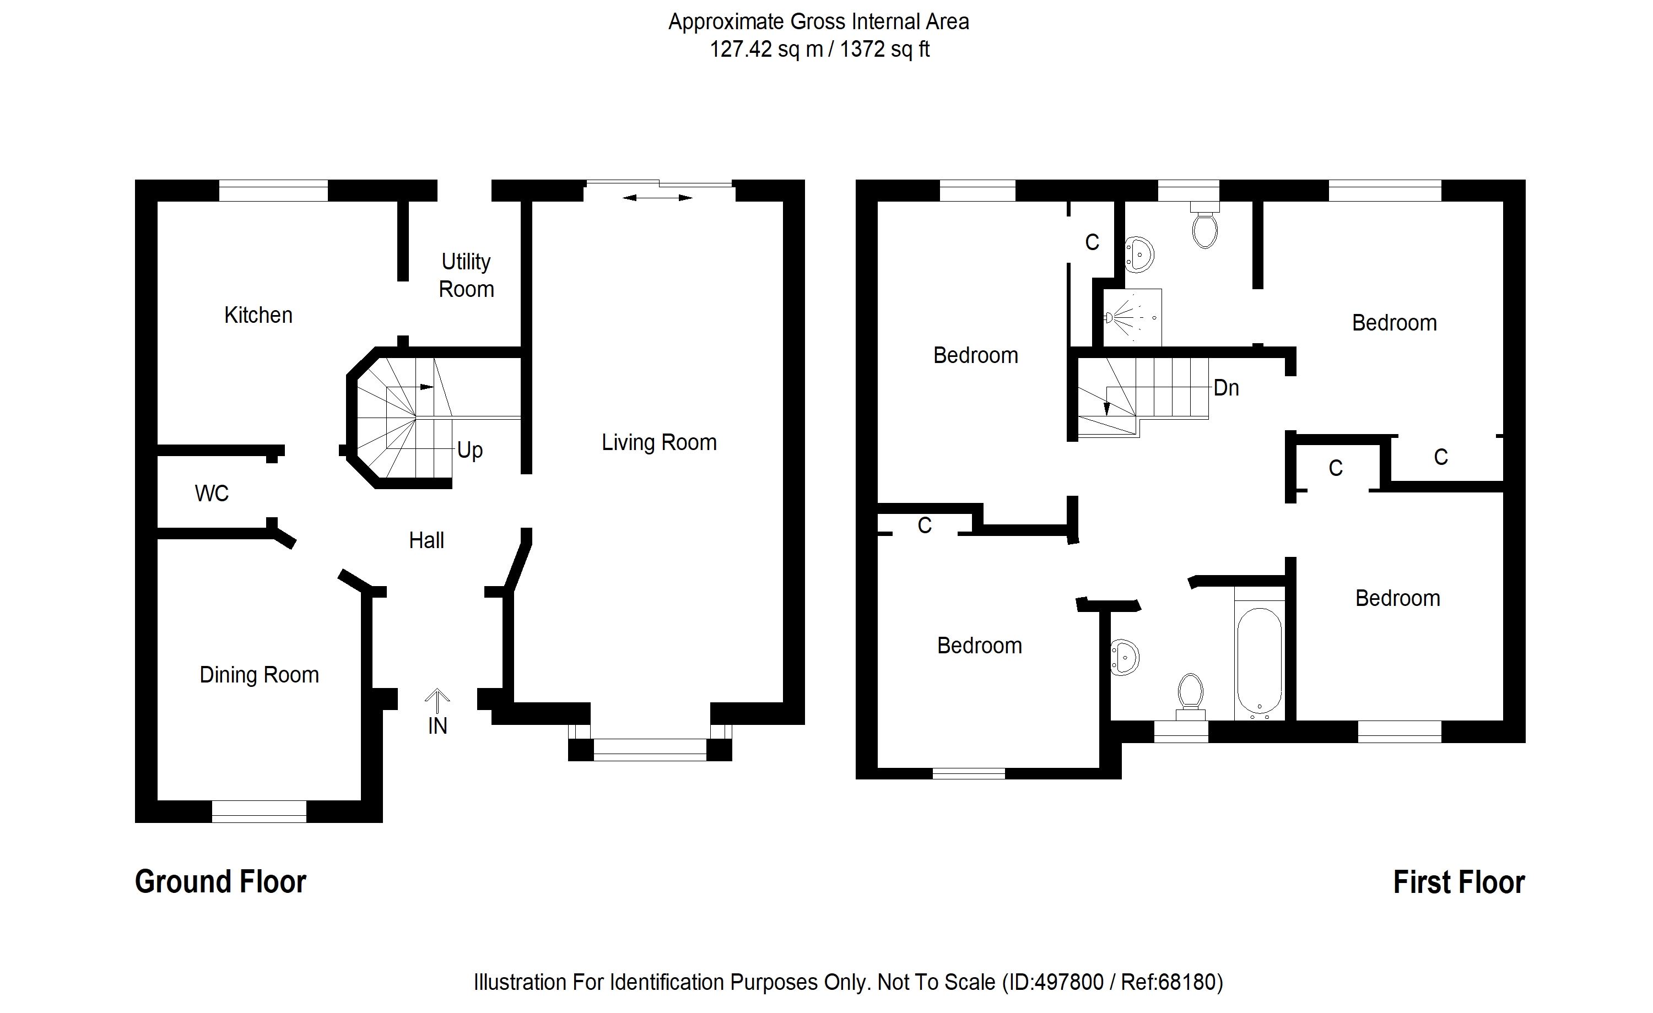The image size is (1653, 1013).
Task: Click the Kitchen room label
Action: [258, 315]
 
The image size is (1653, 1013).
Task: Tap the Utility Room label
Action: [466, 275]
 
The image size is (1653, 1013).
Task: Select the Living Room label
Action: [659, 443]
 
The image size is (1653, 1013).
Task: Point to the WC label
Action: [212, 494]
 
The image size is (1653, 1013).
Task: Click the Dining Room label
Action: [259, 675]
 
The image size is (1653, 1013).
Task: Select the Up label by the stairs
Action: [469, 450]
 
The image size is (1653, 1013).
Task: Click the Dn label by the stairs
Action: [1225, 388]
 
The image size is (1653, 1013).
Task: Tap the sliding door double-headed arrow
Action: [657, 198]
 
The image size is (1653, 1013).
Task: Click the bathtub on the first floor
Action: [1259, 661]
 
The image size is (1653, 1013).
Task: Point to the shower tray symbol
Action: [1132, 317]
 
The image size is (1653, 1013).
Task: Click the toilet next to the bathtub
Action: [1190, 695]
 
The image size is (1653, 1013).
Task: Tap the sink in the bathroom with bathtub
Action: [1123, 658]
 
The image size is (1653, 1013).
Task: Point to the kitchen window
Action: [273, 191]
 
